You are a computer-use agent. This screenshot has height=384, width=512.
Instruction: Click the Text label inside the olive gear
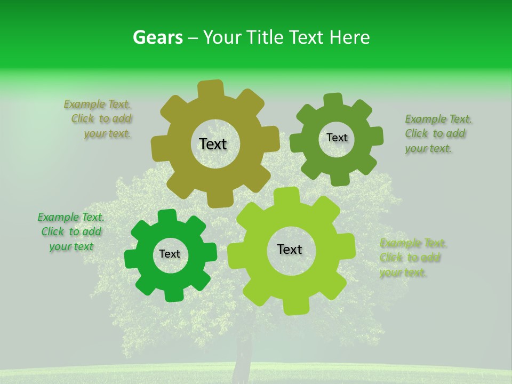click(213, 144)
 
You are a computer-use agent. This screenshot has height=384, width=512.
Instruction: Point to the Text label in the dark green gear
click(170, 254)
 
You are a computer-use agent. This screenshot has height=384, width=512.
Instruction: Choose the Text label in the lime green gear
click(290, 249)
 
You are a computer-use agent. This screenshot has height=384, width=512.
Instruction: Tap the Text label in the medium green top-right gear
click(337, 138)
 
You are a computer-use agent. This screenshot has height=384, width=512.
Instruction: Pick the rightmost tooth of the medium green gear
click(377, 136)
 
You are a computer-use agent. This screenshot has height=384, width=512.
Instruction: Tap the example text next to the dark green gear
click(71, 231)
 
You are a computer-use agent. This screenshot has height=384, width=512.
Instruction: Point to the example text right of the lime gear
click(413, 258)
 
